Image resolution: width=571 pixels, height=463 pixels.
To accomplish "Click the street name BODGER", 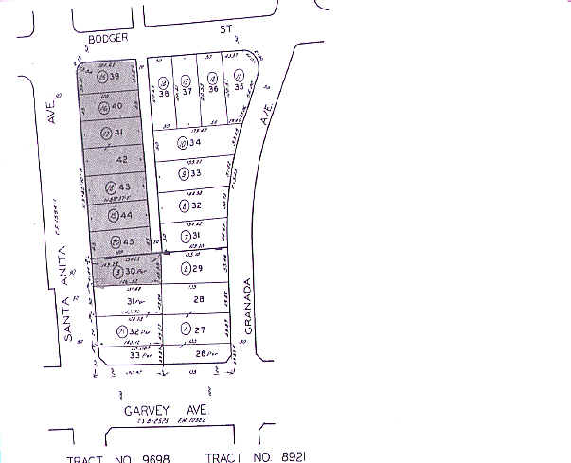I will tap(107, 39).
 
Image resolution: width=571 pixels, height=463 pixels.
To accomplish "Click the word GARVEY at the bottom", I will tap(143, 410).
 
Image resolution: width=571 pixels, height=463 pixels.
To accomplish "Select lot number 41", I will tap(120, 134).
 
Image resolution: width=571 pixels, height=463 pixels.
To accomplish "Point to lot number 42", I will tap(121, 160).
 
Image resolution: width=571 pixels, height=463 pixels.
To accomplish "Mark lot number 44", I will tap(124, 214).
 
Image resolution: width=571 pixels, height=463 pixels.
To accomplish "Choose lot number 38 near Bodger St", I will tap(165, 93).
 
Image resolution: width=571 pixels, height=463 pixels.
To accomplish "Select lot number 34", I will tap(196, 143).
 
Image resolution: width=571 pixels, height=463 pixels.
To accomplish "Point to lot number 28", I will tap(199, 299).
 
